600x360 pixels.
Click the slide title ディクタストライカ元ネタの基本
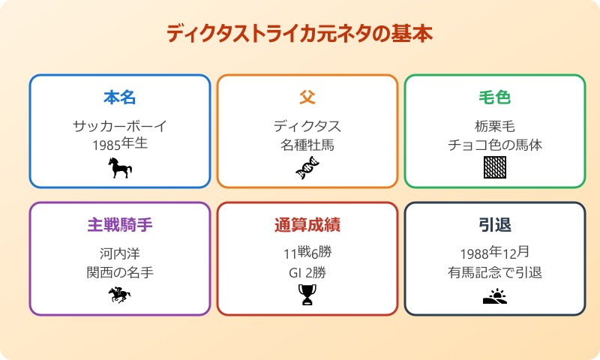pos(299,34)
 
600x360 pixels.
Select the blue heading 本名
pos(120,97)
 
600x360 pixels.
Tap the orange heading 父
pos(307,97)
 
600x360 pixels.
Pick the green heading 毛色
pos(495,97)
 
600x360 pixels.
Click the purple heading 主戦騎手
pos(120,225)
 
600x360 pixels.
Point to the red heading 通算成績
pos(307,225)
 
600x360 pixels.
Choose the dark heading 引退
pos(495,225)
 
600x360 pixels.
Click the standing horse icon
pos(120,168)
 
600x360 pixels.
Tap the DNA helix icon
pos(307,168)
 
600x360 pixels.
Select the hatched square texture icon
pos(495,168)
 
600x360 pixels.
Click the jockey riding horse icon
pos(120,295)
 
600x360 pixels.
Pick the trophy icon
pos(307,295)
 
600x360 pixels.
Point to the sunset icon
pos(495,295)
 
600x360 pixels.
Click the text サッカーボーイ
pos(120,126)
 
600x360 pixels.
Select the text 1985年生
pos(120,144)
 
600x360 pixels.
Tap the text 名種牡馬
pos(307,145)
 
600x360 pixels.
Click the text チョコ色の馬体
pos(495,145)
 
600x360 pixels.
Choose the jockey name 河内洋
pos(120,253)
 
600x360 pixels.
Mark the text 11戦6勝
pos(307,253)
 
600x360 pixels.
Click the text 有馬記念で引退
pos(495,272)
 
